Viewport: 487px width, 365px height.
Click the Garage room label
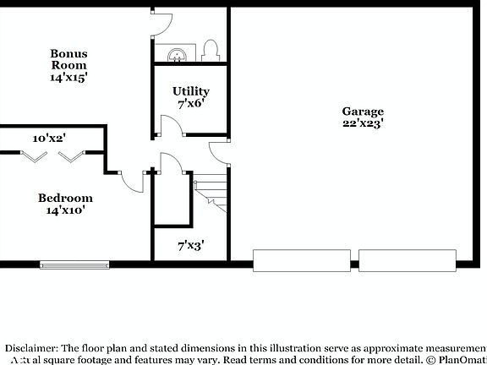pyautogui.click(x=363, y=112)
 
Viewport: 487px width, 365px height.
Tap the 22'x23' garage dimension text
pyautogui.click(x=363, y=123)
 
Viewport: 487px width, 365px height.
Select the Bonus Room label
pyautogui.click(x=69, y=59)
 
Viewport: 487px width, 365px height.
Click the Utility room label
pyautogui.click(x=191, y=91)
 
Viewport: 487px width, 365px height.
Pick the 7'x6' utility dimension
pyautogui.click(x=191, y=104)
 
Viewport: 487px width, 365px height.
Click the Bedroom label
pyautogui.click(x=65, y=199)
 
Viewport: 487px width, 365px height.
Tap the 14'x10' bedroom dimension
pyautogui.click(x=65, y=211)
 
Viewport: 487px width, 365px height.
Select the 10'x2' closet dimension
pyautogui.click(x=49, y=138)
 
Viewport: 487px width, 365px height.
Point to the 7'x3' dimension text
pyautogui.click(x=190, y=247)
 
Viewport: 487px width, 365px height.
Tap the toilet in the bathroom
pyautogui.click(x=211, y=51)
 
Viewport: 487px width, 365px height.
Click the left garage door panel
pyautogui.click(x=304, y=260)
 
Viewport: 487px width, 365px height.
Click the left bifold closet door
pyautogui.click(x=34, y=155)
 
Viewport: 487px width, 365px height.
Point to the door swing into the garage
pyautogui.click(x=220, y=152)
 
